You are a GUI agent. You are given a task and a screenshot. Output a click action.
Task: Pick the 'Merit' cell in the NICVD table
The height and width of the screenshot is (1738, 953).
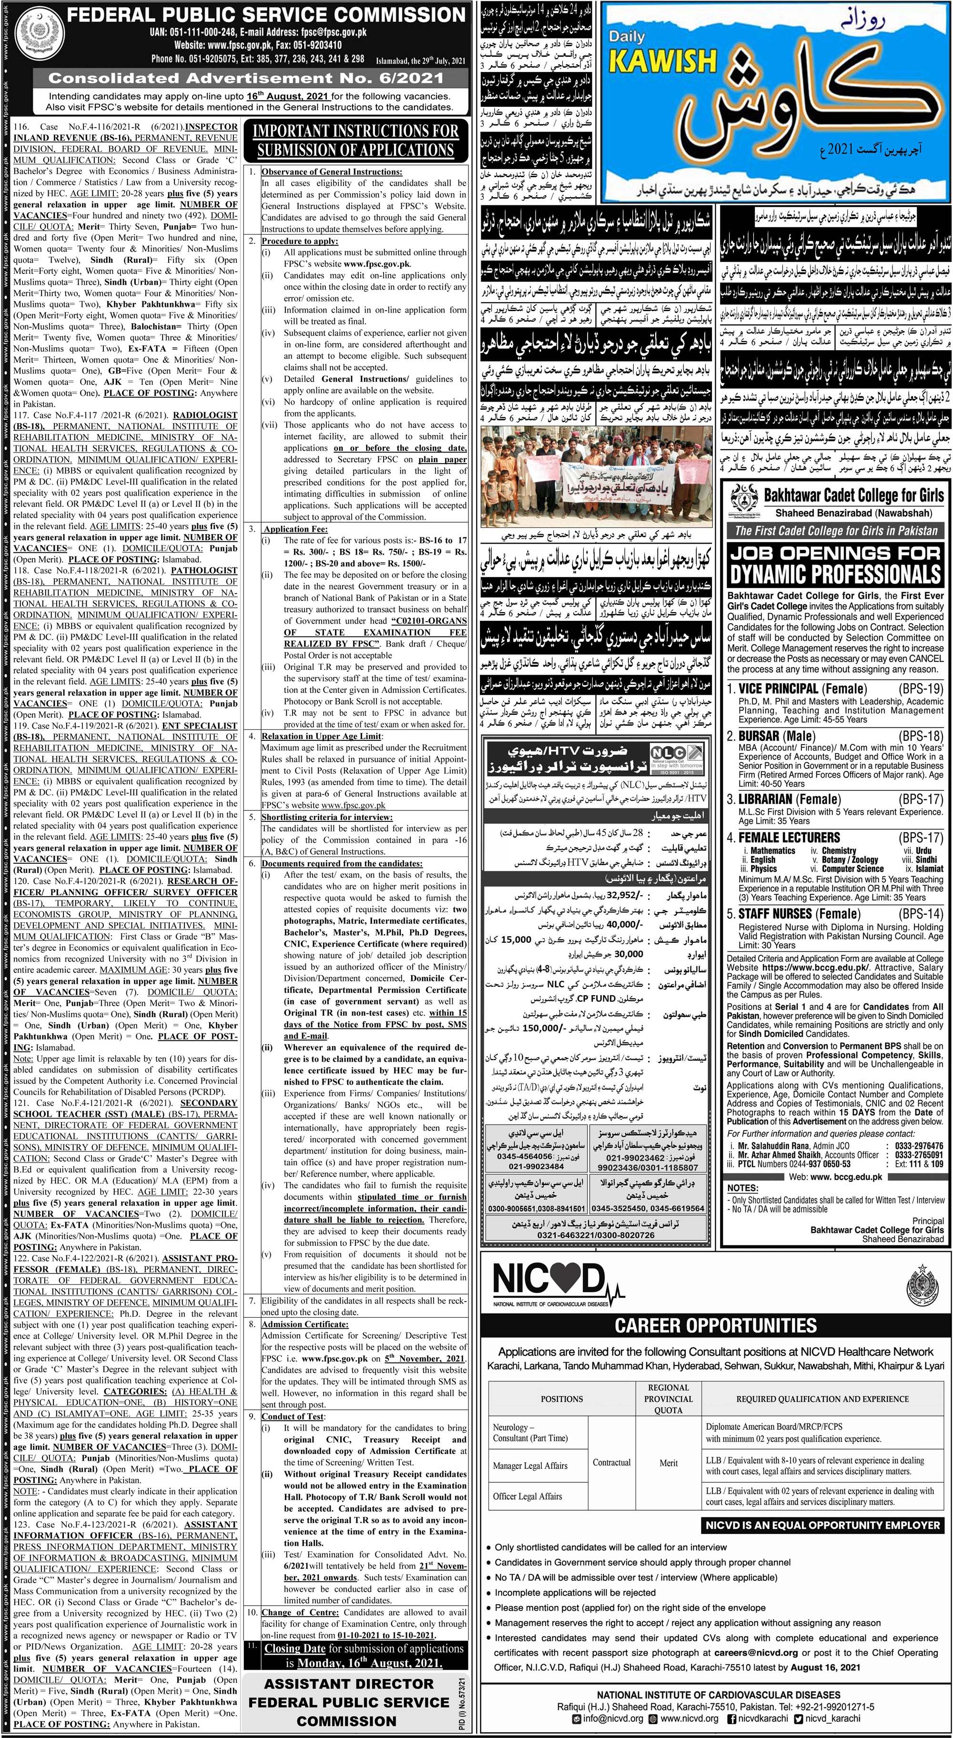[668, 1438]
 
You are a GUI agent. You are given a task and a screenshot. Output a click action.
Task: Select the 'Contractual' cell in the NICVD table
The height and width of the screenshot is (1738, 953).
[611, 1438]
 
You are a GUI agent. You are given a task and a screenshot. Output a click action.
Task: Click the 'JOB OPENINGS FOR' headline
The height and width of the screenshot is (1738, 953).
[835, 553]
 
